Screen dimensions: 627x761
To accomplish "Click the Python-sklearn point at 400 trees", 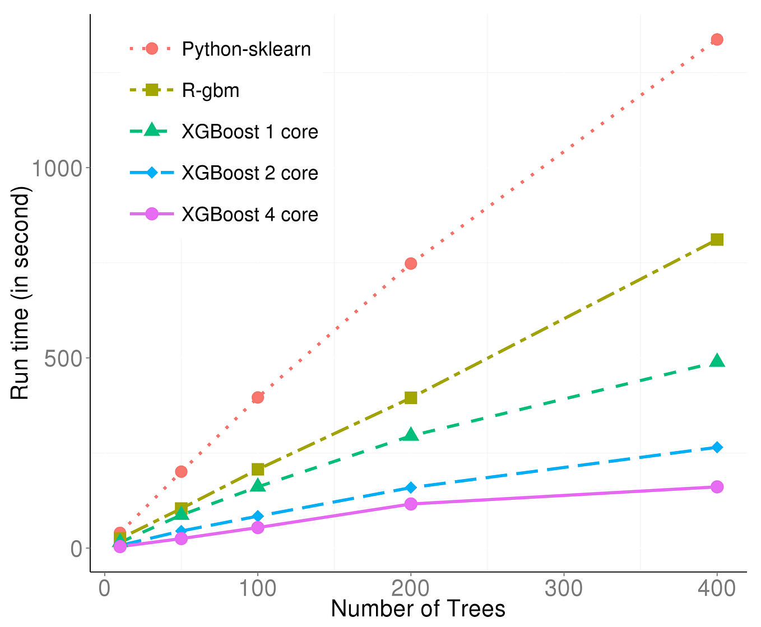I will pos(716,39).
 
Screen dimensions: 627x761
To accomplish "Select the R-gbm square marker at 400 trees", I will pos(716,240).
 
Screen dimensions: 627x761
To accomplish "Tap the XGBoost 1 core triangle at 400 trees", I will pos(716,361).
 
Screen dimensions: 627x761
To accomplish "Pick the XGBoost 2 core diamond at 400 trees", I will pos(716,447).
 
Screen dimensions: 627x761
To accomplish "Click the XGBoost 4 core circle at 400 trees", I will pos(716,486).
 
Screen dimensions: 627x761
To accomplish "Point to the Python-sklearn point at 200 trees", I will pos(410,263).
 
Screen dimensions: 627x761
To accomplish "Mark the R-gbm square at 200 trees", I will pos(410,398).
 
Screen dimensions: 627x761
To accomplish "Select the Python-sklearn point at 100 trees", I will pos(258,397).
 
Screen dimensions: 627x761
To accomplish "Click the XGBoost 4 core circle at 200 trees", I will pos(410,504).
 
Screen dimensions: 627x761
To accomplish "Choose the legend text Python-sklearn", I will pos(246,49).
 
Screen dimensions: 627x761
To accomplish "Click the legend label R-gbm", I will pos(211,90).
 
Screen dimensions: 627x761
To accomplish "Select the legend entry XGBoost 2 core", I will pos(249,173).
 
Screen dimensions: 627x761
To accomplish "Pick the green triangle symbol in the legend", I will pos(151,131).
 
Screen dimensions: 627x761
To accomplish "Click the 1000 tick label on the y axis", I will pos(57,168).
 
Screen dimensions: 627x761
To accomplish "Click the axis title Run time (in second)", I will pos(20,293).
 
